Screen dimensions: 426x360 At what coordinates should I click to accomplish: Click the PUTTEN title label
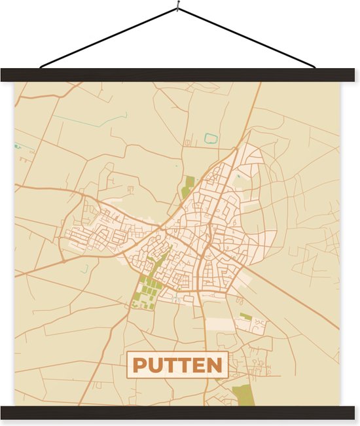[x=177, y=364]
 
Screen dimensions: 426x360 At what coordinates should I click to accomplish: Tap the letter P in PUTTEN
[x=139, y=365]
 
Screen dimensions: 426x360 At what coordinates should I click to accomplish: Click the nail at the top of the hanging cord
[x=177, y=8]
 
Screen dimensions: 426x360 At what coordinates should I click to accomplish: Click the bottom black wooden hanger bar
[x=180, y=412]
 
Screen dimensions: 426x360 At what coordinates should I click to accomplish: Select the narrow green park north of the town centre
[x=188, y=186]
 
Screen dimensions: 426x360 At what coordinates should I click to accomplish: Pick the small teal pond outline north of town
[x=210, y=138]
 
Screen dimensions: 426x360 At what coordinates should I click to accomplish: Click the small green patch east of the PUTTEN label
[x=245, y=317]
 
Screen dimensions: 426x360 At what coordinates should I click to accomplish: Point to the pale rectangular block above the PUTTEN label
[x=220, y=324]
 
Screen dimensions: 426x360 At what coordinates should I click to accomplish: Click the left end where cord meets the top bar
[x=41, y=67]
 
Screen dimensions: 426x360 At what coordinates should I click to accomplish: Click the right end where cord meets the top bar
[x=314, y=67]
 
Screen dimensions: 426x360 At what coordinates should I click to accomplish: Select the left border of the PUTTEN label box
[x=128, y=365]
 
